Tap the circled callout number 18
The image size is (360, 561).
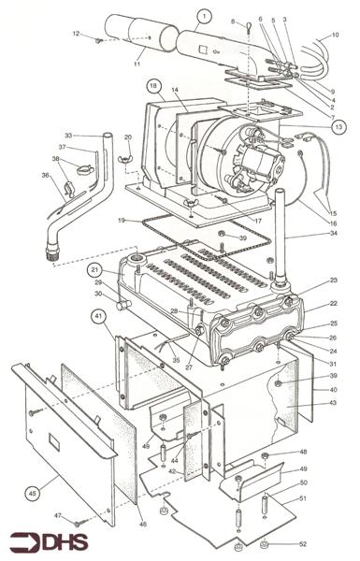point(151,85)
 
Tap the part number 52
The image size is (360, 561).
point(302,543)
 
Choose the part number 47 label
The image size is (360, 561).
point(55,514)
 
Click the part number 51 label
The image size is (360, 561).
point(303,499)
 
